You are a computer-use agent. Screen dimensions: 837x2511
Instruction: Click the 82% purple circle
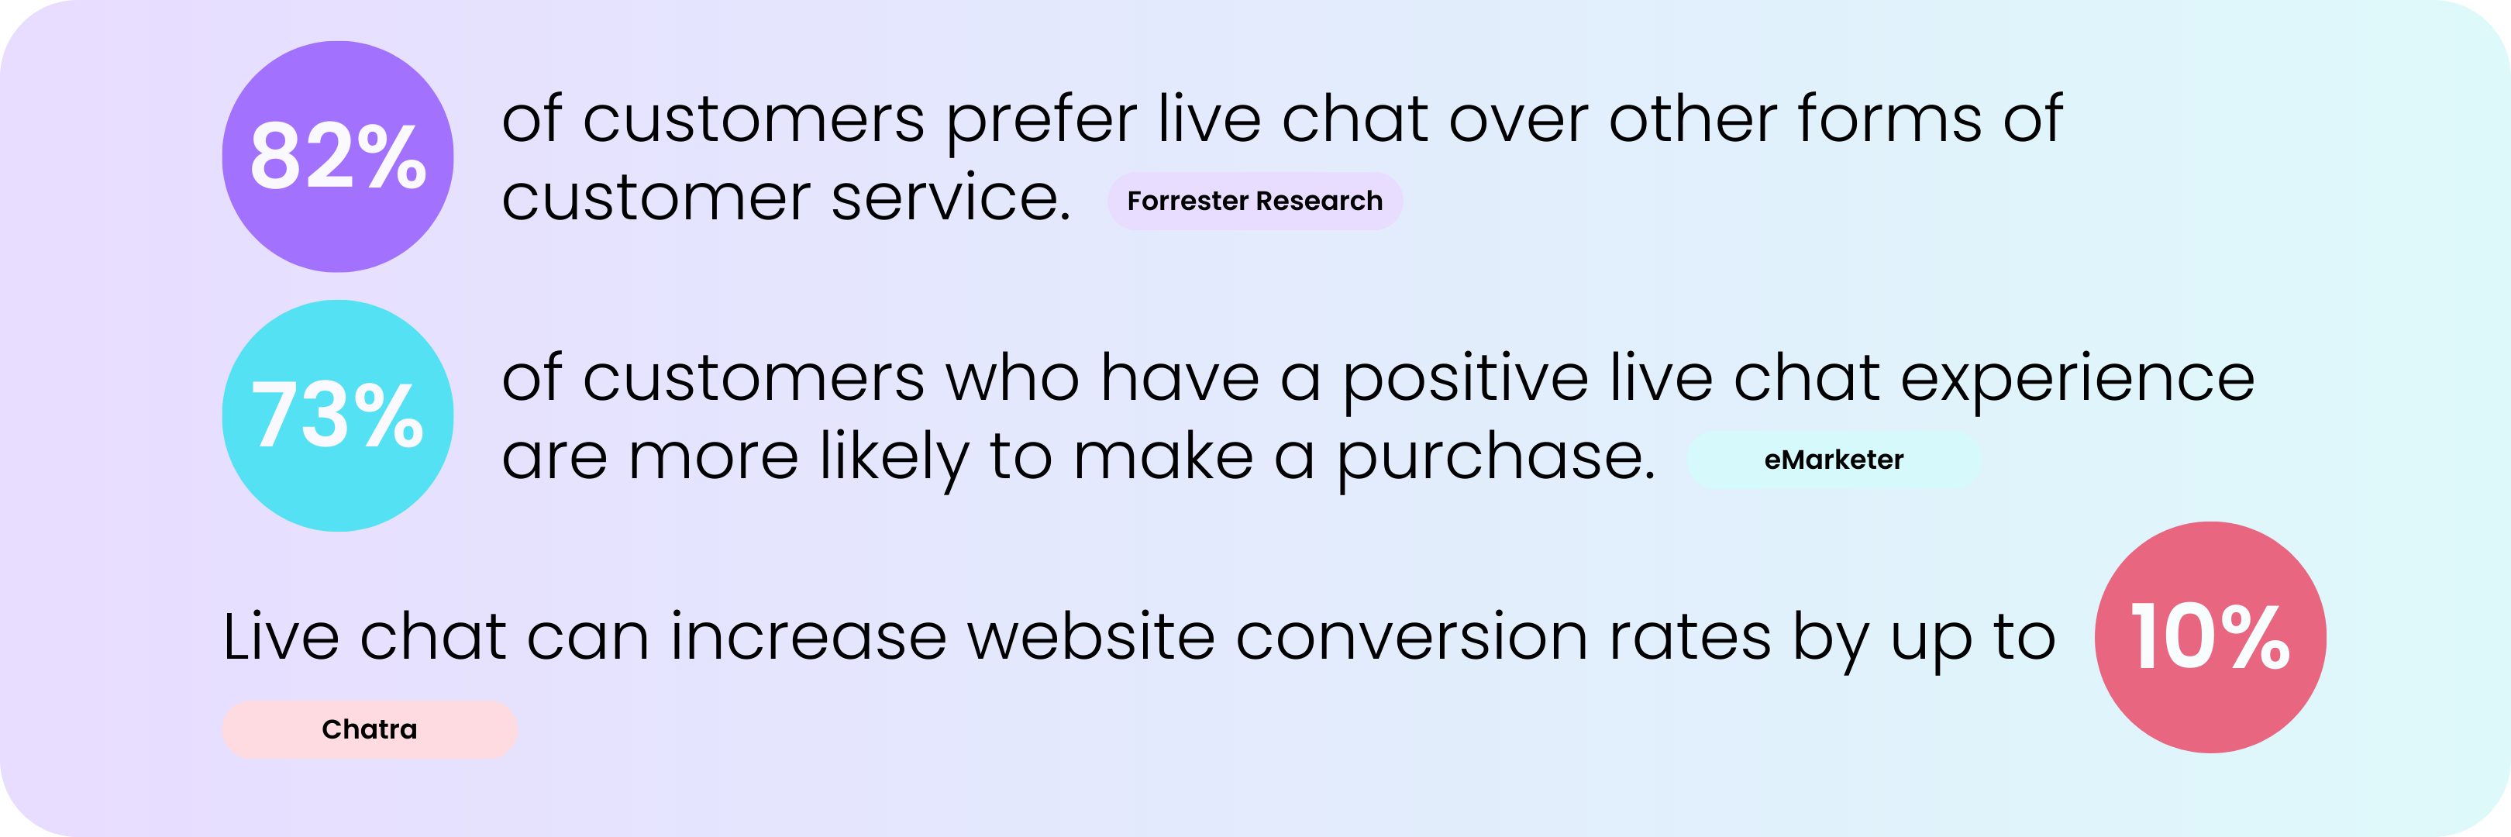pyautogui.click(x=337, y=156)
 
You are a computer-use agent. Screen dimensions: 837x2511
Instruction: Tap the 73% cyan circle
pyautogui.click(x=337, y=415)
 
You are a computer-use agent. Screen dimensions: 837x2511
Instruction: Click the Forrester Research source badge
pyautogui.click(x=1255, y=201)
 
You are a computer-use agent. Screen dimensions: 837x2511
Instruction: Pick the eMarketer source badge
pyautogui.click(x=1834, y=460)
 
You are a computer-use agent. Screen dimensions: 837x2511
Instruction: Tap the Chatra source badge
pyautogui.click(x=370, y=728)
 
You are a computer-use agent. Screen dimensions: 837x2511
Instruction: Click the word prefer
pyautogui.click(x=1041, y=122)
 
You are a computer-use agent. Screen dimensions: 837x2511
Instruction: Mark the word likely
pyautogui.click(x=894, y=459)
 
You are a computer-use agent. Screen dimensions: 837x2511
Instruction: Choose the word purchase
pyautogui.click(x=1494, y=459)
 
